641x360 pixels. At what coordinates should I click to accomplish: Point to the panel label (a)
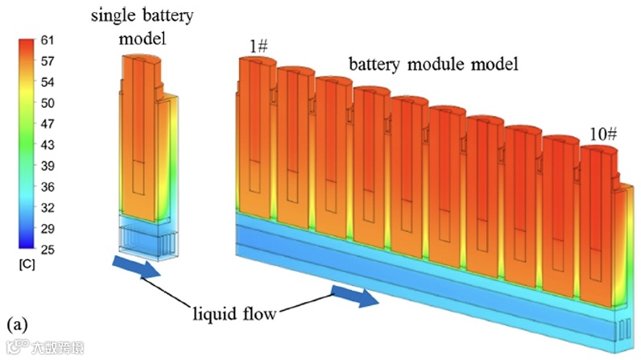[17, 324]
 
